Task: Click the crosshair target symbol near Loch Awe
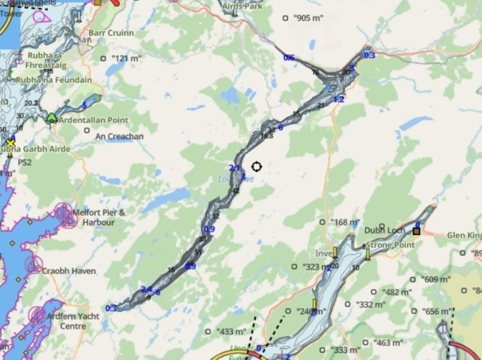click(257, 166)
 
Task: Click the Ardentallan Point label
click(91, 120)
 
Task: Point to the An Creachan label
click(120, 137)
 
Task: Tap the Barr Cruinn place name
click(111, 33)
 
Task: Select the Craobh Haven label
click(68, 271)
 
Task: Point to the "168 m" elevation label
click(345, 223)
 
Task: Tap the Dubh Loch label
click(379, 229)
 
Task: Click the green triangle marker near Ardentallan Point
click(52, 117)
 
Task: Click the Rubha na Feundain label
click(54, 80)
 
